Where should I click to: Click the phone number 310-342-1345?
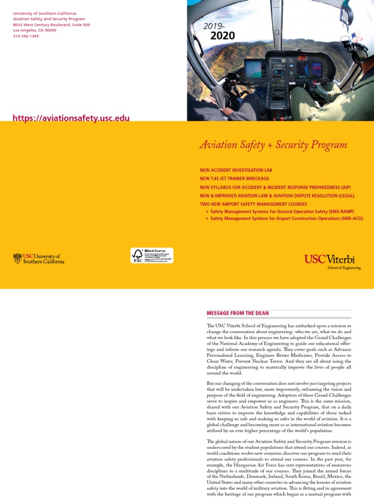(26, 36)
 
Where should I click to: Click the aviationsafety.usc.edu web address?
(71, 118)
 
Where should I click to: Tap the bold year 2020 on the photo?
(223, 36)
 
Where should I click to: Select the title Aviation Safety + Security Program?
(273, 145)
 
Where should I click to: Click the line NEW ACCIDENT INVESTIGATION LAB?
(236, 170)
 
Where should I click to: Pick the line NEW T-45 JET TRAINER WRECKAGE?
(234, 178)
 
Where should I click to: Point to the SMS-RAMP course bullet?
(281, 212)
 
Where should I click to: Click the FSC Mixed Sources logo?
(151, 255)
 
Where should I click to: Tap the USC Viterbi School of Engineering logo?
(333, 261)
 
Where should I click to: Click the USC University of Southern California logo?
(38, 259)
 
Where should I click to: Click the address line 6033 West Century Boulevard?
(51, 24)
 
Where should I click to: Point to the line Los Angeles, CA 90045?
(35, 30)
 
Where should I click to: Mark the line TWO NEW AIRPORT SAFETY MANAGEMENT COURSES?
(253, 204)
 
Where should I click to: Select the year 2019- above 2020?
(214, 26)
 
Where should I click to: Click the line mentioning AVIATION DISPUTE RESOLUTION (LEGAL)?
(277, 196)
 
